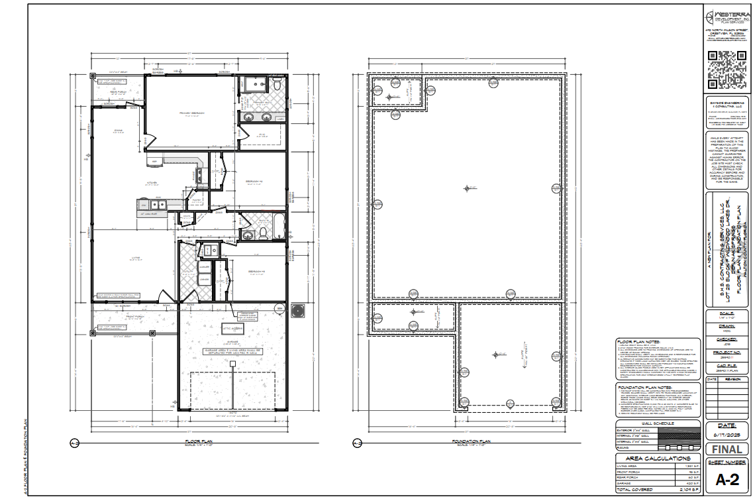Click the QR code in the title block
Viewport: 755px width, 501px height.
pos(727,70)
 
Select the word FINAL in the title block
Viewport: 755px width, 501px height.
pos(727,449)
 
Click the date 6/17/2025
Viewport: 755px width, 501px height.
pos(727,434)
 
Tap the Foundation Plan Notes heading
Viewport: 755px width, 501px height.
pos(646,386)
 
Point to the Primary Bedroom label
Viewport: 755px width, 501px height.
pos(192,113)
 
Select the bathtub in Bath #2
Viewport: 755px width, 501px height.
pos(279,227)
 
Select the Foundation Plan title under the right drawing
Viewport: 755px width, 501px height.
pos(470,442)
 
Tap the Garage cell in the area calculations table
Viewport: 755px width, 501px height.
pos(636,483)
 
